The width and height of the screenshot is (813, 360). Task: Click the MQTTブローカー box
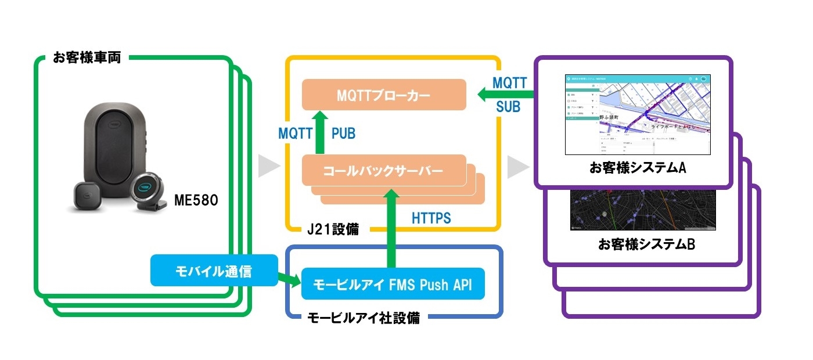pos(384,95)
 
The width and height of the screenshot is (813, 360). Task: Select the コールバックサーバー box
pos(384,170)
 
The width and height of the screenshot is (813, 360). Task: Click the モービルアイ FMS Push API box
pos(392,285)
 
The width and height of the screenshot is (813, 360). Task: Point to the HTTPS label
pos(431,219)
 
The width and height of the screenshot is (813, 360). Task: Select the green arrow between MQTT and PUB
pos(319,134)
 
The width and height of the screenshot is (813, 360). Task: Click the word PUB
pos(343,134)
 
